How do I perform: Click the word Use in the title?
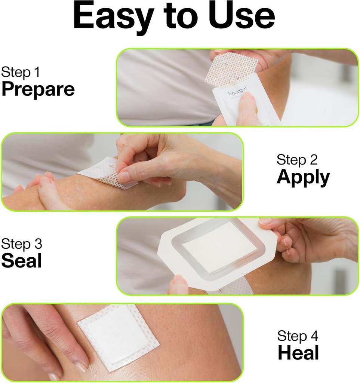coord(239,16)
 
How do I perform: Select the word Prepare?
coord(38,90)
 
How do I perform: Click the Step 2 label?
coord(297,160)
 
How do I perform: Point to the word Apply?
coord(303,178)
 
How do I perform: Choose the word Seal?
coord(21,261)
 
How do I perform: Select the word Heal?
coord(298,353)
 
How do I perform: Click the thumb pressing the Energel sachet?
coord(248,108)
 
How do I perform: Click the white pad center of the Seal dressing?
coord(219,251)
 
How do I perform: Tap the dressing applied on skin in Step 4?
coord(118,337)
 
